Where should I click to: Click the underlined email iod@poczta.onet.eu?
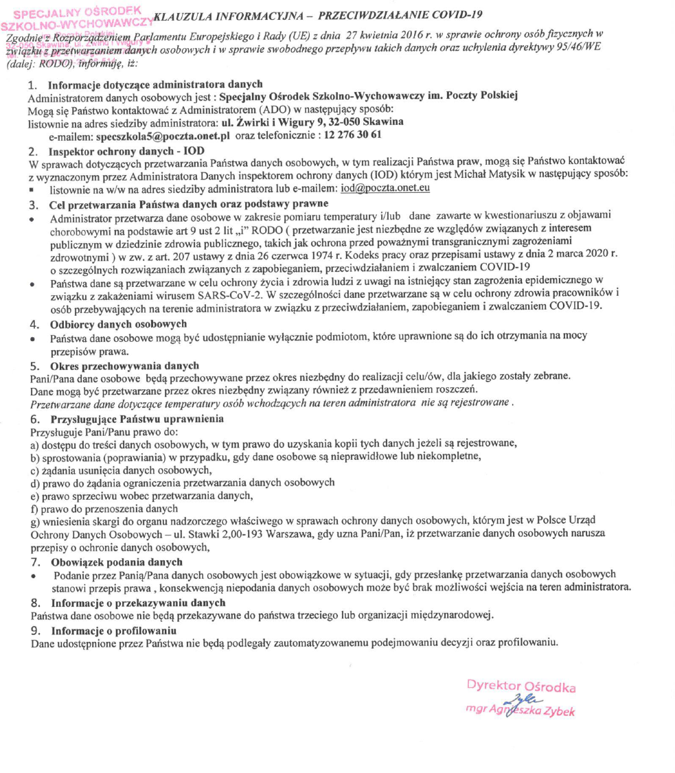coord(385,187)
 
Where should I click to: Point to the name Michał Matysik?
coord(468,175)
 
